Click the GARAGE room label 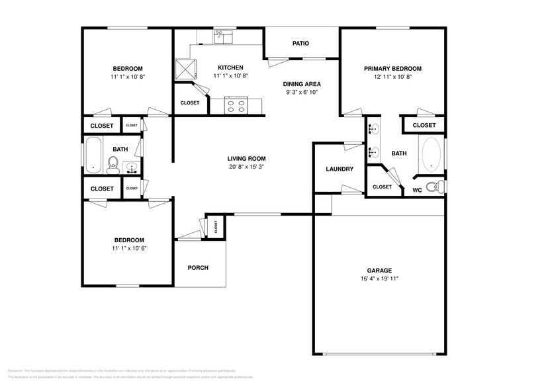380,270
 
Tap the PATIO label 301,44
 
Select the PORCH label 198,268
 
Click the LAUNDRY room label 340,169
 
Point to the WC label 417,191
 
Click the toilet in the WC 434,187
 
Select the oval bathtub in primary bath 431,153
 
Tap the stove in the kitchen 236,105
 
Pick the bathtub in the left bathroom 93,155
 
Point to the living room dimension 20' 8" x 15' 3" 246,167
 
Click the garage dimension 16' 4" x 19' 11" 380,279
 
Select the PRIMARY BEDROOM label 392,68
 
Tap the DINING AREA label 302,84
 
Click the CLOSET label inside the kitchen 190,103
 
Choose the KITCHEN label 230,67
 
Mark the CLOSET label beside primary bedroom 424,125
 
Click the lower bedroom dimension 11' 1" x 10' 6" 128,249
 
